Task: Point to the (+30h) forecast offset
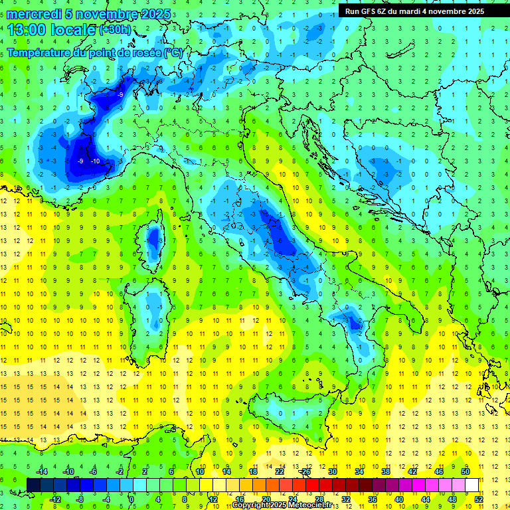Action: (x=115, y=30)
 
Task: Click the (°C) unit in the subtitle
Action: (x=173, y=52)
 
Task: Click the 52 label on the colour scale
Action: (x=479, y=499)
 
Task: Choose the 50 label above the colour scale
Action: (x=465, y=471)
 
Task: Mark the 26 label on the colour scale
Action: (x=305, y=471)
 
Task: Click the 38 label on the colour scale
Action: (x=385, y=471)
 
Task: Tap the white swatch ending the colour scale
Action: (x=471, y=485)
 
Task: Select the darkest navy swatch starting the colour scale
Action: (x=33, y=485)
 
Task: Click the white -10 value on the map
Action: (x=95, y=161)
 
